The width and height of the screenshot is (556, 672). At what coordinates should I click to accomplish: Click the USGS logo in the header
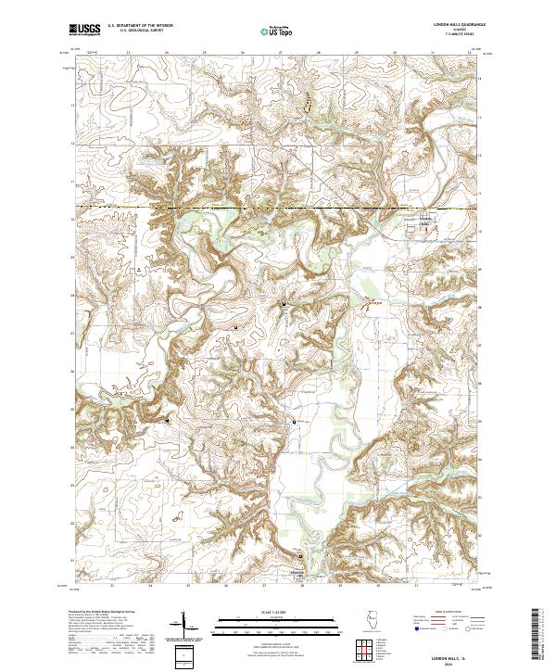pos(83,32)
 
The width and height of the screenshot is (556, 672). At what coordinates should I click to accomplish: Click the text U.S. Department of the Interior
pos(140,27)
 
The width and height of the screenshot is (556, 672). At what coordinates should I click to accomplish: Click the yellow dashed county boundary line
pos(278,209)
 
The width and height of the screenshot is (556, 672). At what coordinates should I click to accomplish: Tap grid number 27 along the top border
pos(280,53)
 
